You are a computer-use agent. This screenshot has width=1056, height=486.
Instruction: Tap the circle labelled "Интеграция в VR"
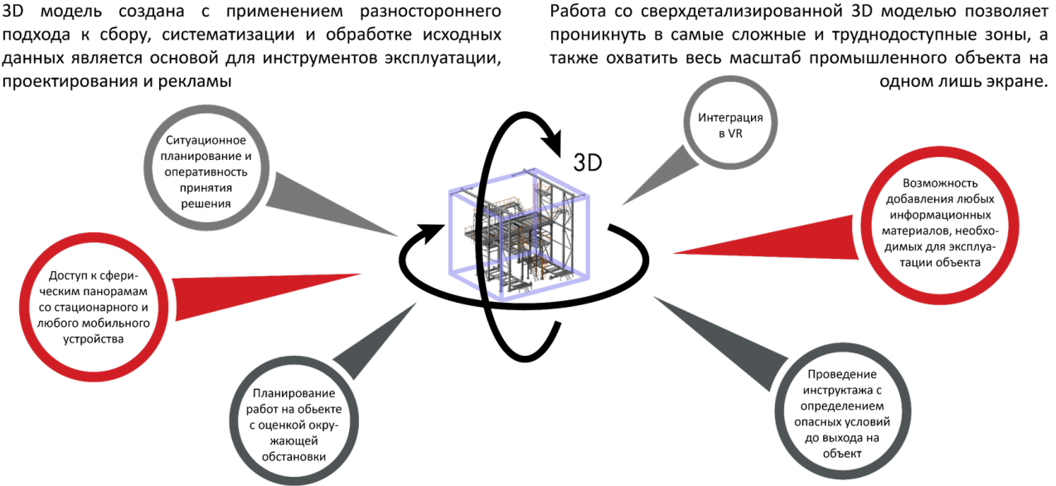[730, 125]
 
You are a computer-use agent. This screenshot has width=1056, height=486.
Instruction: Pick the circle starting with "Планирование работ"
[295, 424]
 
